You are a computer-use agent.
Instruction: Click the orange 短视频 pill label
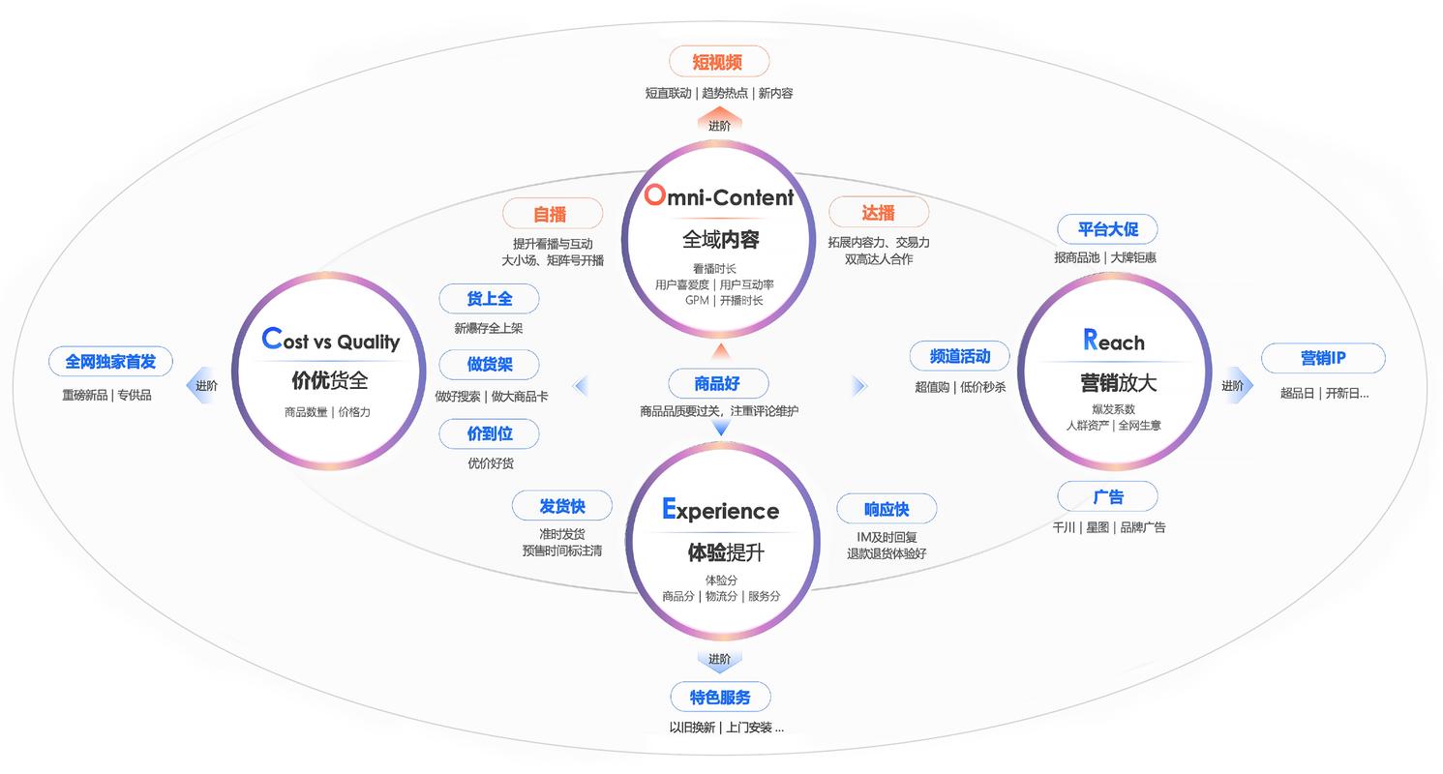718,62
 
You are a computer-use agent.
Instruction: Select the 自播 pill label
552,214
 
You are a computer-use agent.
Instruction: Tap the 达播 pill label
879,213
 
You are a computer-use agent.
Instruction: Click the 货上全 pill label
489,299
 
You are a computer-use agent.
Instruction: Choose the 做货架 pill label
489,365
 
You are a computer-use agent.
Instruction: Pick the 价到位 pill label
489,433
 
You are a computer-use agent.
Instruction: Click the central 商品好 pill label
717,384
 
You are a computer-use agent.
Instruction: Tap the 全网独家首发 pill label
110,362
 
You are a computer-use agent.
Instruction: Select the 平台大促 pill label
1107,229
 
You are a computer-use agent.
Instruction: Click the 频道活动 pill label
959,356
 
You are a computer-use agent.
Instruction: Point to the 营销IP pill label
1322,358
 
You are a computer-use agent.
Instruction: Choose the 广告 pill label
1107,497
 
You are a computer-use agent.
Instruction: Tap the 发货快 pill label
561,505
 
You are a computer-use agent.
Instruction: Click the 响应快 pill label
886,509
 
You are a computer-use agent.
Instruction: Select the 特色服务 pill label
720,697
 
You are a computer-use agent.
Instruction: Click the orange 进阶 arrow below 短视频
719,123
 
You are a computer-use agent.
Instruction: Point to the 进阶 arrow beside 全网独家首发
204,385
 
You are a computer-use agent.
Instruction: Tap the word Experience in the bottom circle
720,510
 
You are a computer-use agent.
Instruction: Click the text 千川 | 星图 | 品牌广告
1108,527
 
